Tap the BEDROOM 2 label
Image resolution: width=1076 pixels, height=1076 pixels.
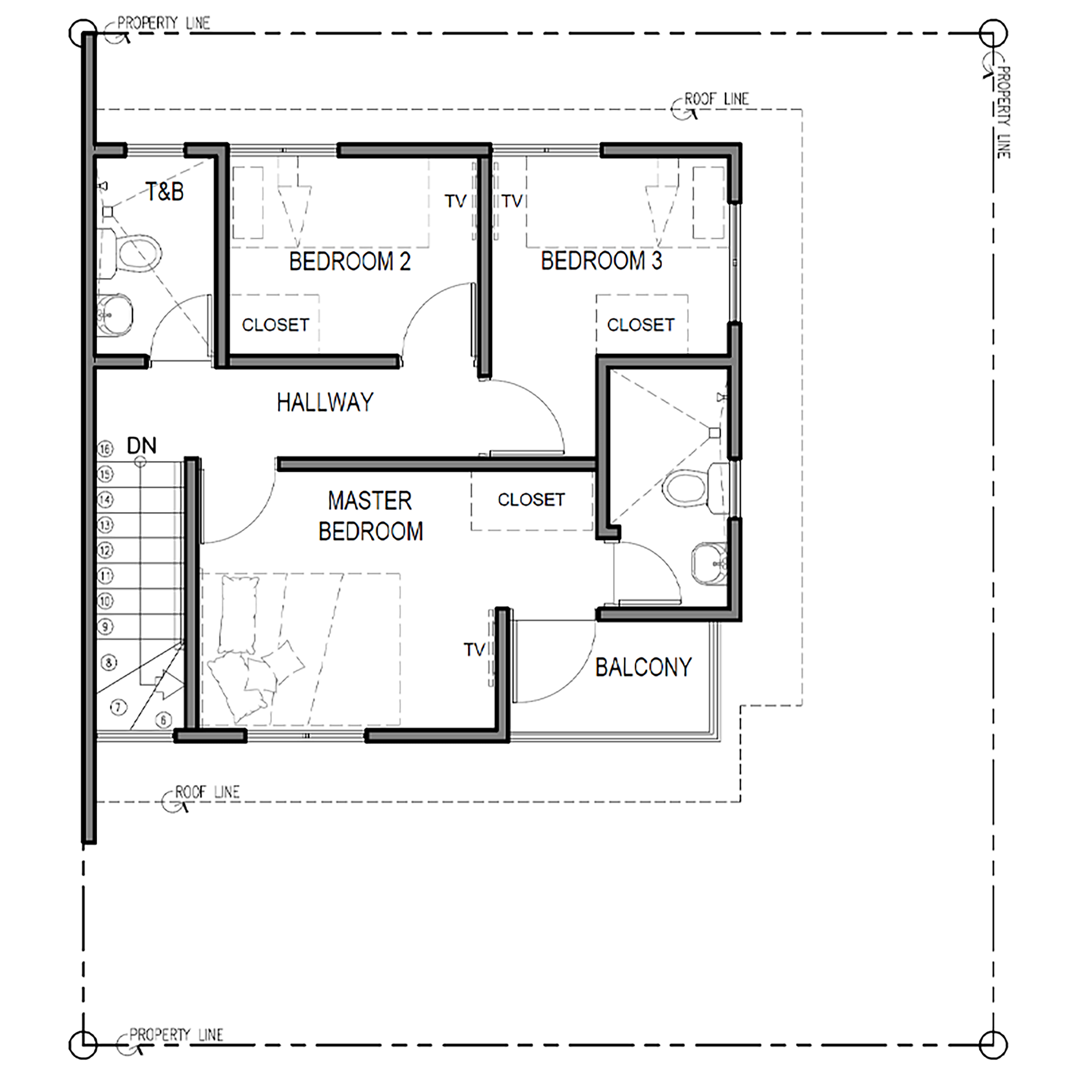(x=350, y=261)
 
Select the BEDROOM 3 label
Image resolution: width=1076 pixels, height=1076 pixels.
(x=602, y=261)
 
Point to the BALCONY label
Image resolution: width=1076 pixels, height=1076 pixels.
(x=643, y=667)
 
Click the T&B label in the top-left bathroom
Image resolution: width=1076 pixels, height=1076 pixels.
(x=165, y=192)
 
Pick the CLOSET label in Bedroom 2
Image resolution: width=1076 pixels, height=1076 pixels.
(x=275, y=325)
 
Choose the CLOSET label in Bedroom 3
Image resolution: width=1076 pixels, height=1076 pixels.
(x=641, y=325)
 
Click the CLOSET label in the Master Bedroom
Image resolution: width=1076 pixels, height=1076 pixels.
(x=531, y=500)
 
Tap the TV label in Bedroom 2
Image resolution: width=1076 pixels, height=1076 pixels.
(x=455, y=201)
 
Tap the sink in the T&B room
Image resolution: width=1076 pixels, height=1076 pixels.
(x=115, y=315)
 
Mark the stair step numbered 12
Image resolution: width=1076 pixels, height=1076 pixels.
(x=105, y=550)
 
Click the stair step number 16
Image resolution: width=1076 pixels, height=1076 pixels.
(x=105, y=448)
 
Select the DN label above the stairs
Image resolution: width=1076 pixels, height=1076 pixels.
(x=141, y=446)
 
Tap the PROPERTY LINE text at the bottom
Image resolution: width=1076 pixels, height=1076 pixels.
(x=176, y=1035)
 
